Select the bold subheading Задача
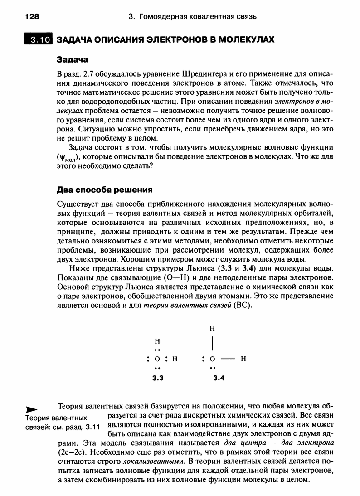[72, 59]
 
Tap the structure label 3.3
[157, 378]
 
